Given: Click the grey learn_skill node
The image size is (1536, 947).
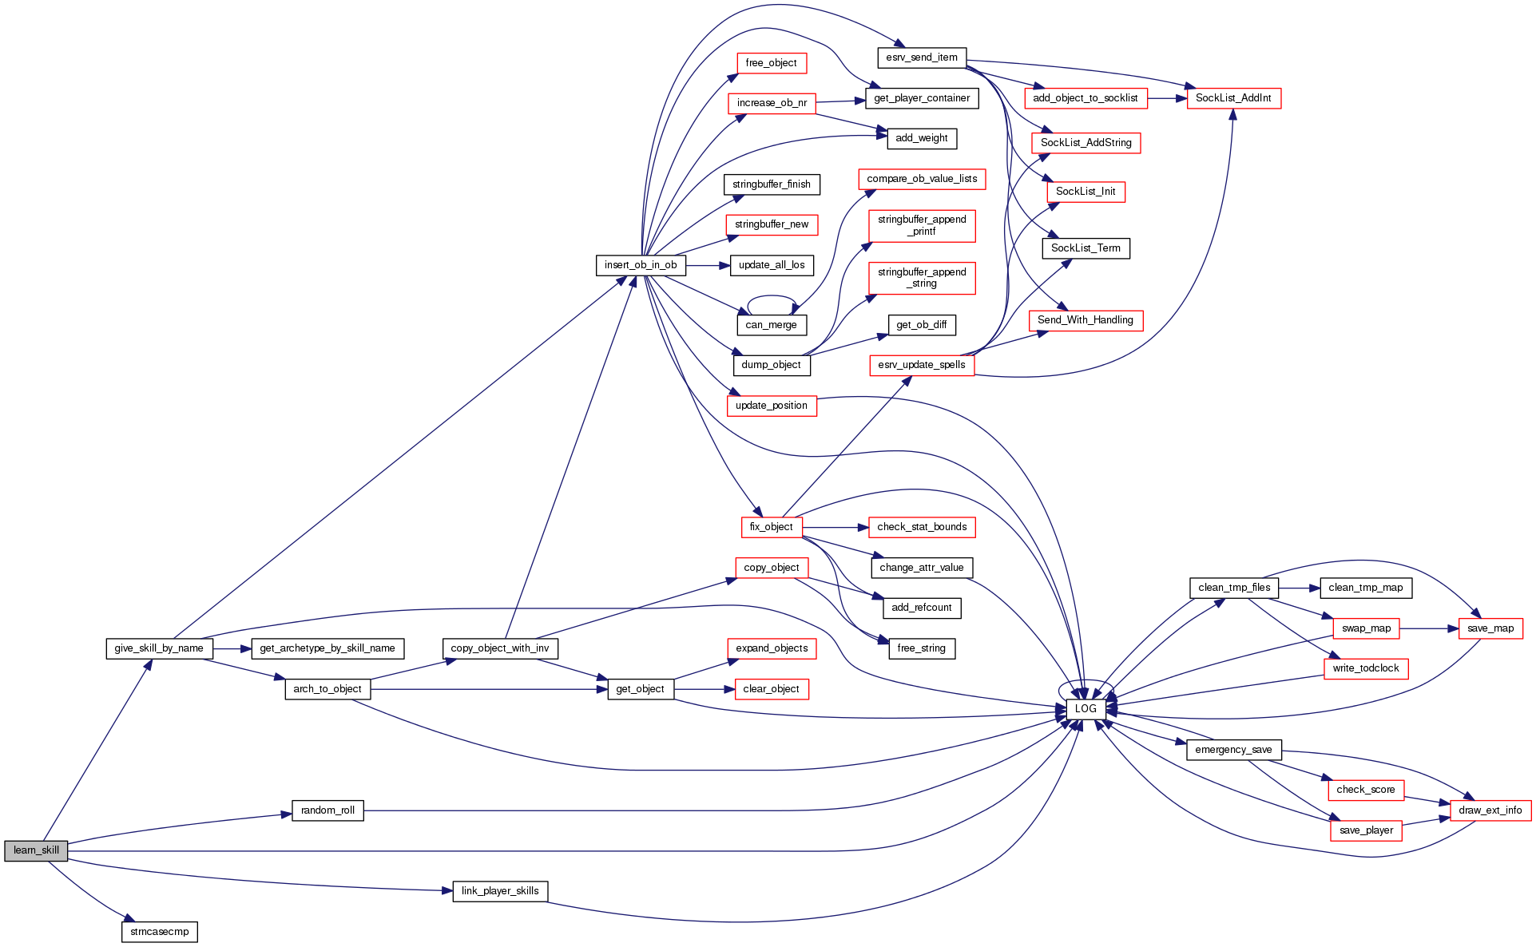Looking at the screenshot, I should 36,850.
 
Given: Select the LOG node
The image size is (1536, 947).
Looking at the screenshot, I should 1086,709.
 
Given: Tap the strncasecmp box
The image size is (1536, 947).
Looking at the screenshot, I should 160,932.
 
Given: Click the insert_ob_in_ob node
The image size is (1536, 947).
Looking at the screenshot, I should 641,265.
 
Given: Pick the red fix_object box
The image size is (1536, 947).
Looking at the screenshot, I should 771,527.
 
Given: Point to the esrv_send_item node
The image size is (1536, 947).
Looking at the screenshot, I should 922,57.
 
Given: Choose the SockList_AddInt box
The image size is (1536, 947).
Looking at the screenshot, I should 1233,98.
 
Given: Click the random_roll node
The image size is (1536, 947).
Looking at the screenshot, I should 327,810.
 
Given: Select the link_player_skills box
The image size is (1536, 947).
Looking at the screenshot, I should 500,891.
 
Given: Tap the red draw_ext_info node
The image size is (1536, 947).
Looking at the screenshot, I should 1490,810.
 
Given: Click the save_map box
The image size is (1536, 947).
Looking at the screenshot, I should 1490,628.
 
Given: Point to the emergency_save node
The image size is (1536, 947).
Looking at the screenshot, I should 1233,750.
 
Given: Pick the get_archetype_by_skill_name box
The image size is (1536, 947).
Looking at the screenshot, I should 327,648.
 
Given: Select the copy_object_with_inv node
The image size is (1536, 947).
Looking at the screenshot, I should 500,648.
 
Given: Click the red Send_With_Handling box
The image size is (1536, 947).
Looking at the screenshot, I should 1086,320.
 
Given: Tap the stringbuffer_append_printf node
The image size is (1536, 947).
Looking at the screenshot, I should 922,225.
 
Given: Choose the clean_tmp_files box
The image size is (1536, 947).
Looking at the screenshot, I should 1234,588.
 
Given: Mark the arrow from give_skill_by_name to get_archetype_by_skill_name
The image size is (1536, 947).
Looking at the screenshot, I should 232,649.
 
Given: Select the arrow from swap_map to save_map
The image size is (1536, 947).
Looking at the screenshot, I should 1429,628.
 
